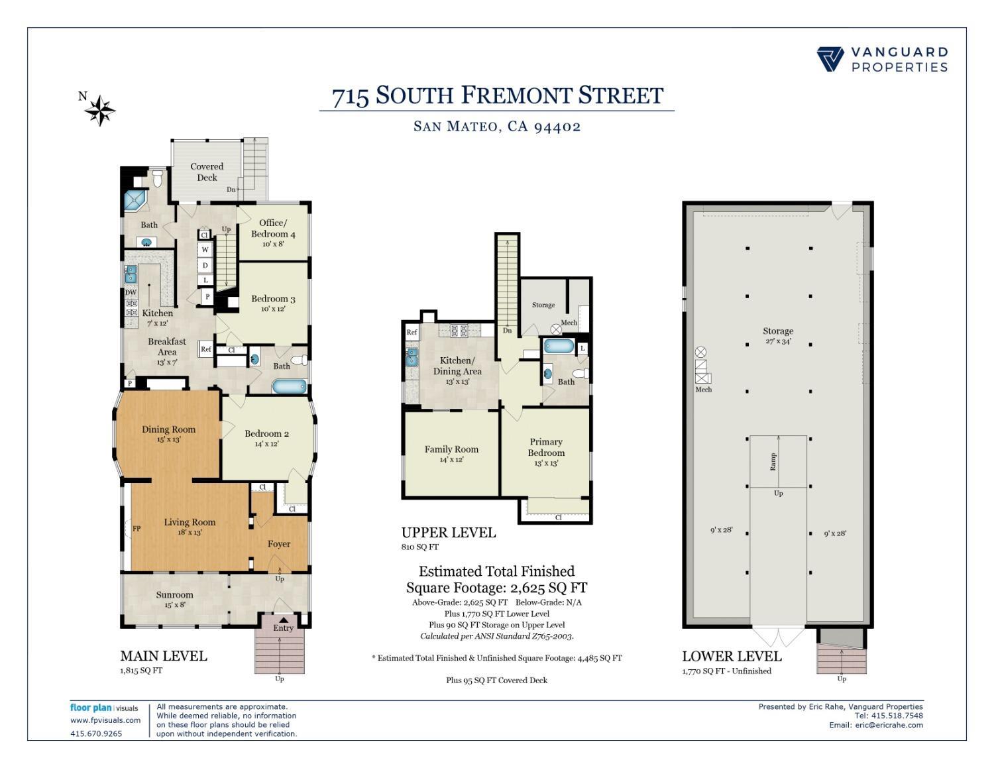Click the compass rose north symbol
(x=99, y=110)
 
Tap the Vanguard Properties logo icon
(x=830, y=59)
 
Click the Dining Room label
(x=168, y=429)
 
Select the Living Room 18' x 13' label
(x=190, y=527)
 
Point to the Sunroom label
(x=175, y=595)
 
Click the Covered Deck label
(x=207, y=172)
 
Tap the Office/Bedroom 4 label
(x=273, y=229)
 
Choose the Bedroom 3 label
(x=273, y=299)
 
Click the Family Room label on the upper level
(x=451, y=449)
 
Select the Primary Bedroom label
(x=546, y=447)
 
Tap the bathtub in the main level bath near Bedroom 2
(x=290, y=386)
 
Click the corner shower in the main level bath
(x=136, y=201)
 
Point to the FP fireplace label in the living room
(x=137, y=529)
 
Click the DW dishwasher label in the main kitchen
(x=131, y=292)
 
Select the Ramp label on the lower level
(x=773, y=462)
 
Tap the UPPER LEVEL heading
(x=448, y=533)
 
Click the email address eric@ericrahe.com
(x=889, y=725)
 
